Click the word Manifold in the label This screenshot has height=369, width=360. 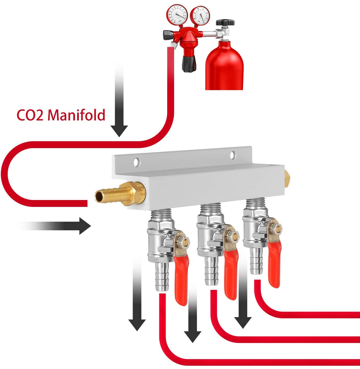76,115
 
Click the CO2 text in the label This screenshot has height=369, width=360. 30,115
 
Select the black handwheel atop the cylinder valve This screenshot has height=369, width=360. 225,22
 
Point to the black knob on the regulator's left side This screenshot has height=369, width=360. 167,35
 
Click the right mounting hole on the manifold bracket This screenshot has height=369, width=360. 233,155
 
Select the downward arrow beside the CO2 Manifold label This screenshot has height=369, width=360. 119,110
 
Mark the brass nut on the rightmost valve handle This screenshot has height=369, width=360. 275,227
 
